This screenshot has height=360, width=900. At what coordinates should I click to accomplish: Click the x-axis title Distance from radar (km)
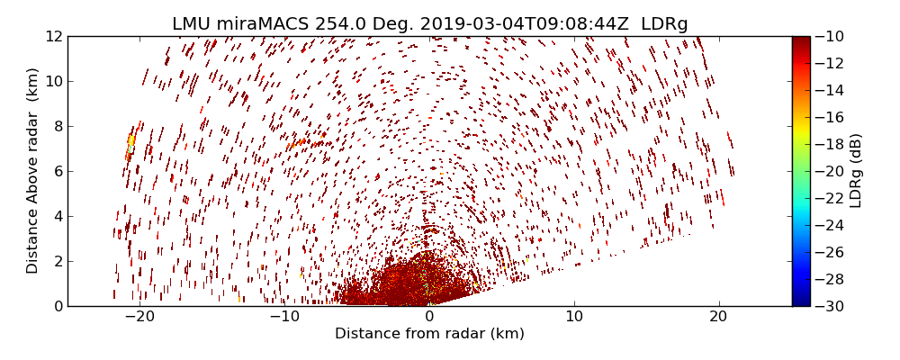click(429, 334)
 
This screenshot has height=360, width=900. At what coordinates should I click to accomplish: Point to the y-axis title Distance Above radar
click(32, 171)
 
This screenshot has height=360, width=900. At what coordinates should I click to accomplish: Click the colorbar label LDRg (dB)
click(856, 171)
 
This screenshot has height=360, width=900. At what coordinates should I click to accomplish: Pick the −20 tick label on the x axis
click(140, 317)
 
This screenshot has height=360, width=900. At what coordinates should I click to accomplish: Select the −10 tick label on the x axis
click(284, 317)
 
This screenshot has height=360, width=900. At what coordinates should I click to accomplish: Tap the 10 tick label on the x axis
click(574, 317)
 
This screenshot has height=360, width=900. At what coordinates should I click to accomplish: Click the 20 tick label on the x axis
click(718, 317)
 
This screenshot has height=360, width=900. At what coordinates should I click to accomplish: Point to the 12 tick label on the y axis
click(54, 36)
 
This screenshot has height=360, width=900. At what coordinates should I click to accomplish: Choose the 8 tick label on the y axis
click(58, 126)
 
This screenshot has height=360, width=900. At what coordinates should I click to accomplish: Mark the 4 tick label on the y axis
click(58, 216)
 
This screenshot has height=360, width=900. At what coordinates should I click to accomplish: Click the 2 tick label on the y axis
click(58, 261)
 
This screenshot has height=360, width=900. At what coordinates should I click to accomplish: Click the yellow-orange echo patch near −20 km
click(131, 141)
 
